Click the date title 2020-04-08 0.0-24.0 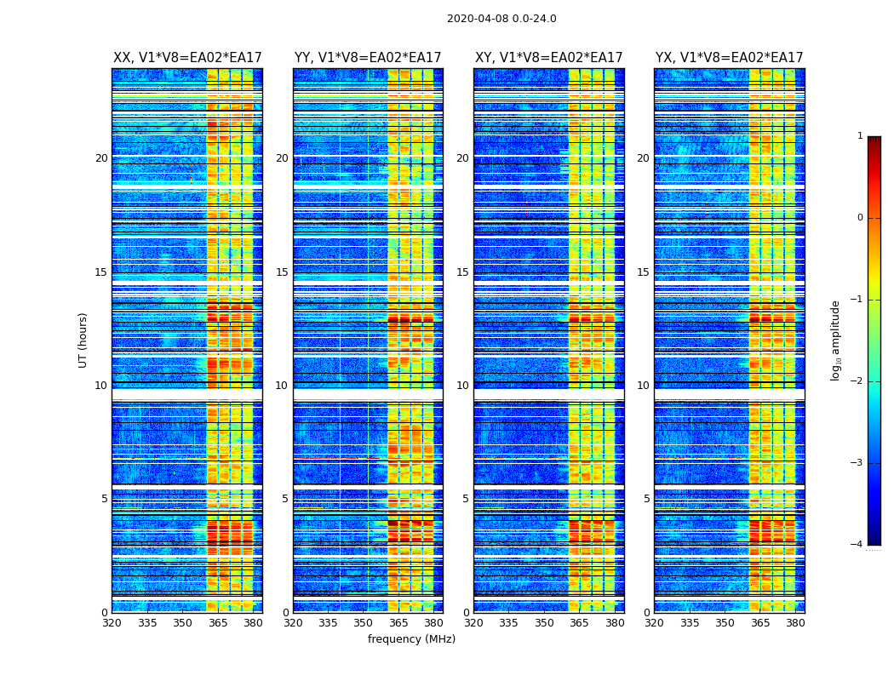[x=501, y=19]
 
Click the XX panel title [x=187, y=58]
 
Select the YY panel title [x=368, y=58]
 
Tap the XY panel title [x=548, y=58]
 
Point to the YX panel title [x=729, y=58]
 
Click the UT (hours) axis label [x=83, y=340]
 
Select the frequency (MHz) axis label [x=411, y=639]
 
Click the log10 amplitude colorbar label [x=836, y=340]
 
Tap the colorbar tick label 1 [x=860, y=136]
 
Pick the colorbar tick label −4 [x=857, y=545]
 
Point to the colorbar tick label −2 [x=857, y=381]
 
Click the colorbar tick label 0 [x=860, y=218]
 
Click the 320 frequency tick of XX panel [x=112, y=623]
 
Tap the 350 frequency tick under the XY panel [x=544, y=623]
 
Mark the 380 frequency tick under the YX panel [x=795, y=623]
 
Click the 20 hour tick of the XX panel [x=101, y=158]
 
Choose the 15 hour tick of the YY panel [x=282, y=272]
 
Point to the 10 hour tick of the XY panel [x=462, y=386]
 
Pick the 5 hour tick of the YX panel [x=646, y=499]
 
